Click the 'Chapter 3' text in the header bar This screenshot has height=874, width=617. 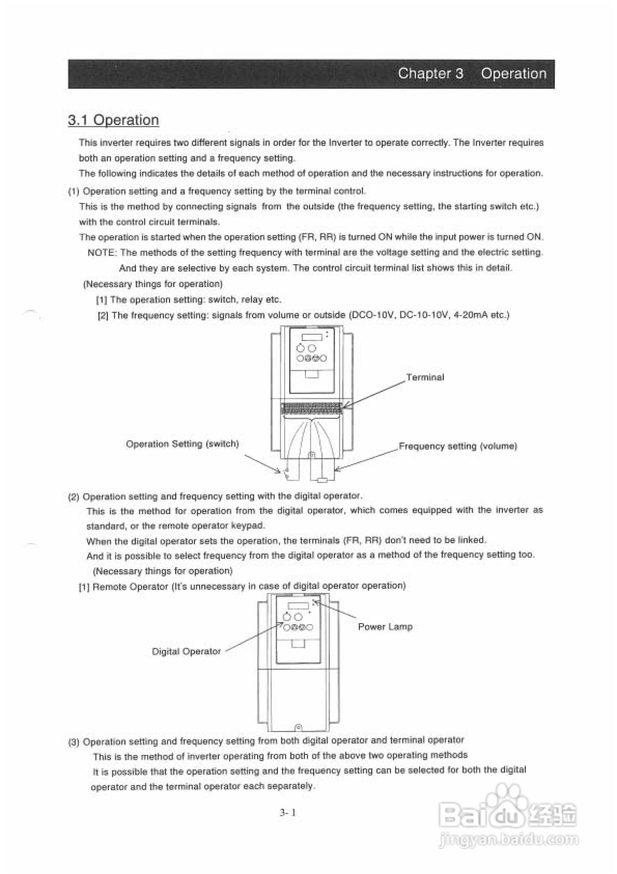[x=430, y=73]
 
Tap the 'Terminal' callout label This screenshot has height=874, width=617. [x=425, y=377]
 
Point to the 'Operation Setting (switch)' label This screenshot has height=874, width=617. [x=182, y=444]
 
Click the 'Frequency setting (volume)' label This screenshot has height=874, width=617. [x=458, y=446]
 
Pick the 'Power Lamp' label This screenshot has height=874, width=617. [x=385, y=627]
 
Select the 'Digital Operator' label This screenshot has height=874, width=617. [x=186, y=651]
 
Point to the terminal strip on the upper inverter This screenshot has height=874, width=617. [x=311, y=408]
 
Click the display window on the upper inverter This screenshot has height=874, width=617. [x=312, y=337]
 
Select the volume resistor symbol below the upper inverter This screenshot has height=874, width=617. [x=322, y=480]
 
